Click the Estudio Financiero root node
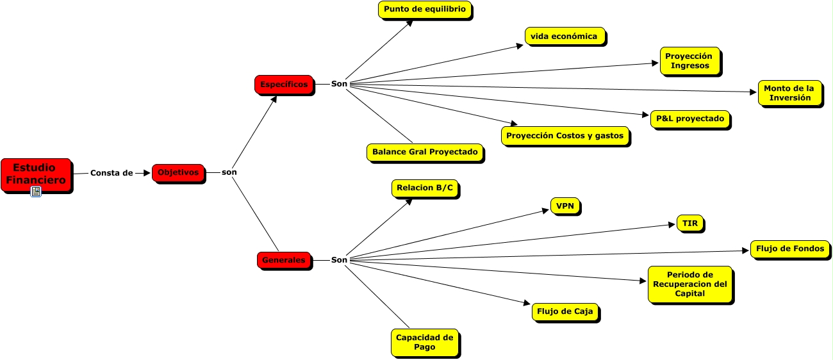pos(36,174)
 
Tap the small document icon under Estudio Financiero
pos(36,191)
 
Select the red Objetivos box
pos(178,172)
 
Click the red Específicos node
pos(284,85)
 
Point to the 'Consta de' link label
pos(111,173)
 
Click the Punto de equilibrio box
pos(425,10)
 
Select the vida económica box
pos(564,36)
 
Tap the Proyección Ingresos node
pos(689,61)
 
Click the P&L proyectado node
pos(689,119)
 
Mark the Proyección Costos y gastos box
pos(565,136)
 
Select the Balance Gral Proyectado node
pos(425,152)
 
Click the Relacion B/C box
pos(424,188)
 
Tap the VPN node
pos(565,206)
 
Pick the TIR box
pos(689,223)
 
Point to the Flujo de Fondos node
pos(789,249)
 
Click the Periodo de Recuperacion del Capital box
pos(689,284)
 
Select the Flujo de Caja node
pos(565,312)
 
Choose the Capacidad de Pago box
pos(424,342)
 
